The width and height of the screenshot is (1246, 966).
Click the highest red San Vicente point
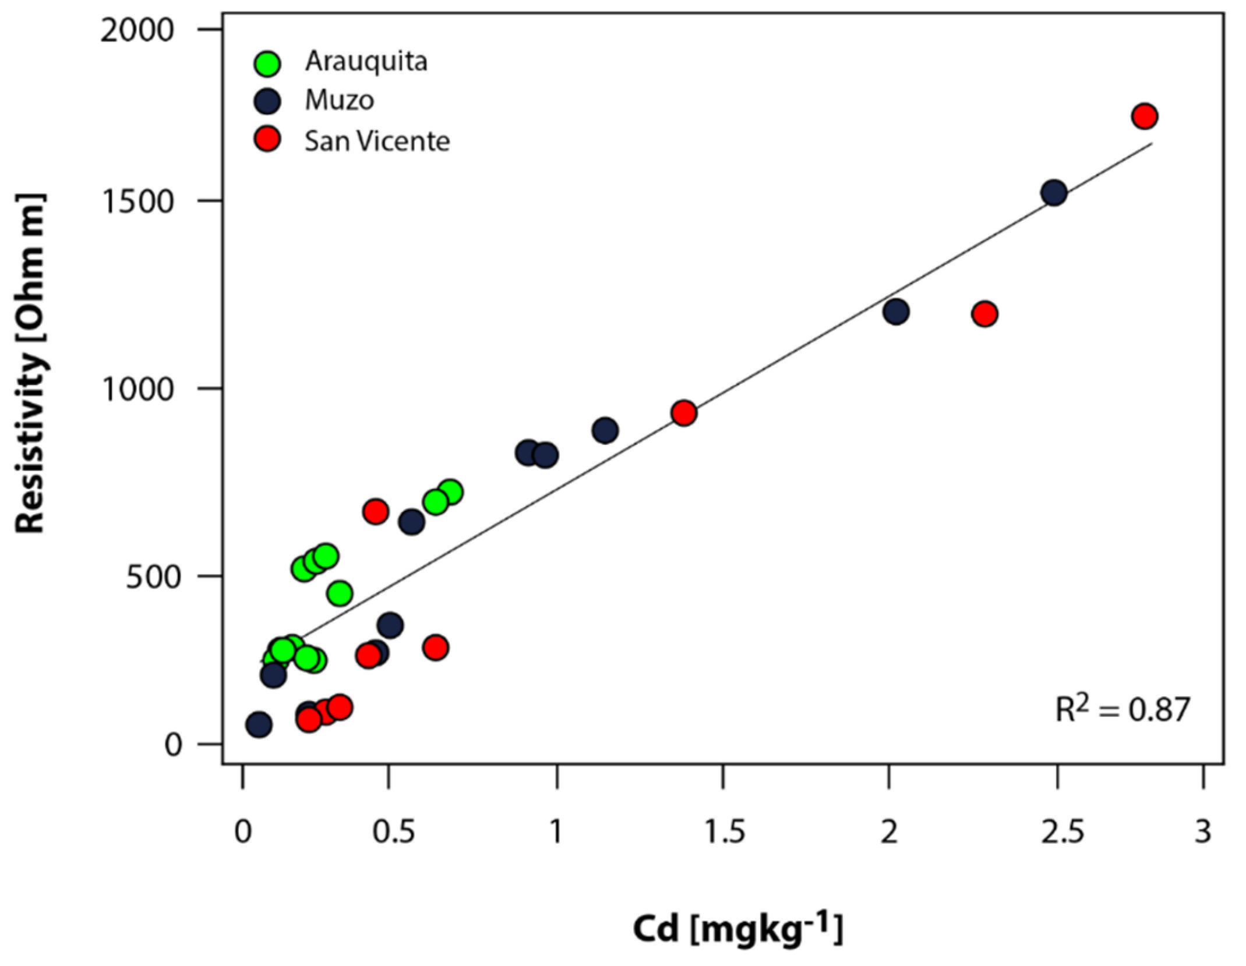1145,116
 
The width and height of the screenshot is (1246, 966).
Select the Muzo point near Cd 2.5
1054,193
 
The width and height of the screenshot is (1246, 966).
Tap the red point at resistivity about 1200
984,314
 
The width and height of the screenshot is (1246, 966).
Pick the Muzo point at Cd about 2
896,312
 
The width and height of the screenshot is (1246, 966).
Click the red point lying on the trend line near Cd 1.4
683,413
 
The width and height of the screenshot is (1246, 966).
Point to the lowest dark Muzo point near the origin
259,725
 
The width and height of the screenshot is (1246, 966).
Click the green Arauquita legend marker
267,63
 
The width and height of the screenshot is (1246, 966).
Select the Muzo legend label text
339,101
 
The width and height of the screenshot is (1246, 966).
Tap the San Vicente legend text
377,141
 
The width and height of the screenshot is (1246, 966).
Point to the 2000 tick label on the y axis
137,30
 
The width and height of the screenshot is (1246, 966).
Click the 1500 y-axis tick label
137,201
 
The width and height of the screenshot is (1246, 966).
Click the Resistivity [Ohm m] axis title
30,364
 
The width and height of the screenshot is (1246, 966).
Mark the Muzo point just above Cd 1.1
605,431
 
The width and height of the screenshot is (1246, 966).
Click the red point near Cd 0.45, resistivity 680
375,512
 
